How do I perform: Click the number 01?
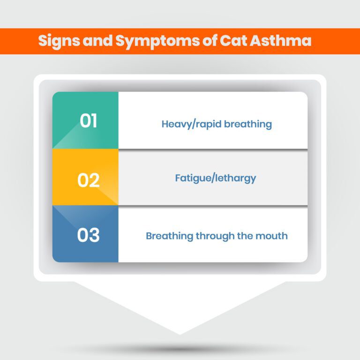coord(89,120)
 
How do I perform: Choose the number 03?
coord(89,235)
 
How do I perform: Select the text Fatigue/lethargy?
coord(216,178)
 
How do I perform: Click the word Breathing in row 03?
coord(167,235)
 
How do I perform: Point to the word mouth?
coord(272,235)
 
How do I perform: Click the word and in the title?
coord(97,41)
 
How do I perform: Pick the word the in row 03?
coord(244,235)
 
